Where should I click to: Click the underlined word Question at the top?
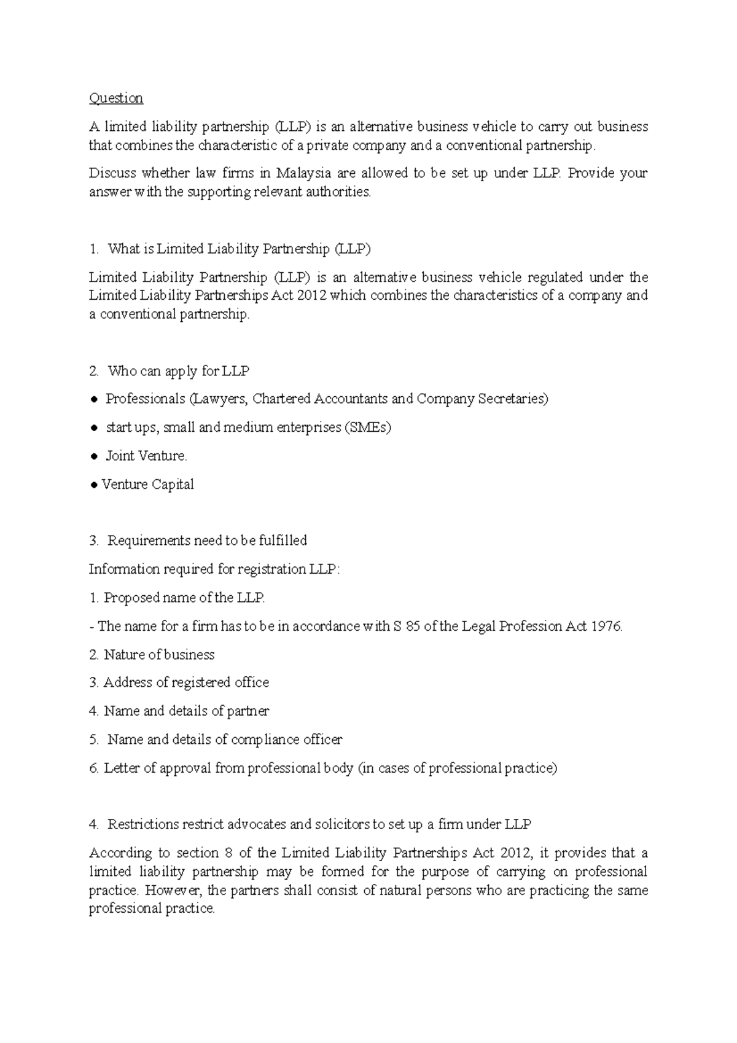115,98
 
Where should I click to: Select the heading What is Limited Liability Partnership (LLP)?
239,249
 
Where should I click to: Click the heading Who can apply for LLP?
178,371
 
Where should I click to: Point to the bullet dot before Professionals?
94,400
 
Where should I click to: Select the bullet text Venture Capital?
147,485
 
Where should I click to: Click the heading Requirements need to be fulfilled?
207,541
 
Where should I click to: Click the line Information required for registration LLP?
214,569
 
